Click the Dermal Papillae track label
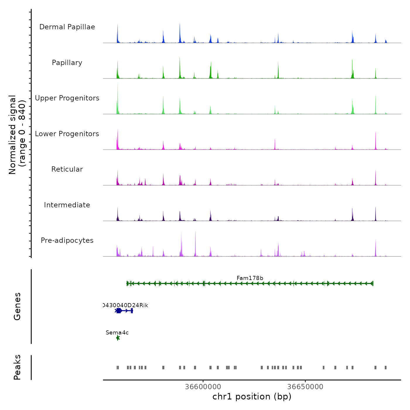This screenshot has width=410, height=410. tap(67, 27)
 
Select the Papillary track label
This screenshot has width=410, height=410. tap(67, 63)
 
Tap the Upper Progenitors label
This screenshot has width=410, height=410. tap(67, 98)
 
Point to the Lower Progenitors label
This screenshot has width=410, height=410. tap(67, 134)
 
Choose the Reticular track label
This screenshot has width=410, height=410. tap(67, 169)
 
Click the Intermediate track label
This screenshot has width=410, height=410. tap(67, 205)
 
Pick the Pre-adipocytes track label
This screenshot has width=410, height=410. tap(67, 240)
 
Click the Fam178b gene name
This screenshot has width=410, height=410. tap(250, 278)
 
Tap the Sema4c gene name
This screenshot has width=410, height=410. tap(117, 333)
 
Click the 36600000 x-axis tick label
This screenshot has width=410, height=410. tap(203, 387)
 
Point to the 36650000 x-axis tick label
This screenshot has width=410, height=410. tap(305, 387)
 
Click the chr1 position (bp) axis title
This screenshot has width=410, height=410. tap(252, 397)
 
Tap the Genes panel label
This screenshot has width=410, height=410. tap(17, 306)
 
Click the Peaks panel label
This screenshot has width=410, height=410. tap(17, 367)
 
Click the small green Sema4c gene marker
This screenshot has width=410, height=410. tap(118, 338)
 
